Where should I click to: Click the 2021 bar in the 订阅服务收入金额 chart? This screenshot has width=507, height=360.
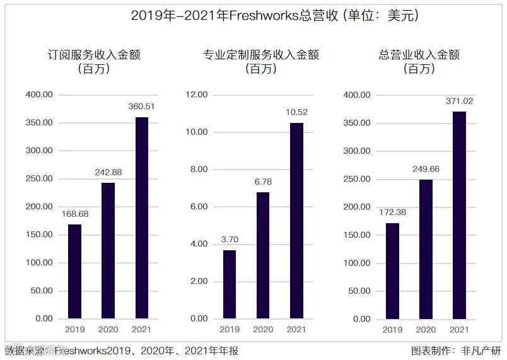click(x=142, y=218)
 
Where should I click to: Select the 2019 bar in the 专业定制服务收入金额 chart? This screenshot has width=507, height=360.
click(x=230, y=284)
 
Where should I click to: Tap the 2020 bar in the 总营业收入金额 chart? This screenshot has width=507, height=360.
click(x=426, y=249)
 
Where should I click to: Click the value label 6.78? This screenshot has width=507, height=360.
click(x=263, y=182)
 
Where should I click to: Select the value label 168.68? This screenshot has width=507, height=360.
click(x=74, y=214)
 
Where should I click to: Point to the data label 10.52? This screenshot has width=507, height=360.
click(x=296, y=112)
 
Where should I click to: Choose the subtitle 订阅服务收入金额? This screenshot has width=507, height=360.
click(x=94, y=55)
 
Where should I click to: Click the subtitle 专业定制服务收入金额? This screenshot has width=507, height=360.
click(x=261, y=55)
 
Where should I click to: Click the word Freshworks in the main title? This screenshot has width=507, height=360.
click(x=265, y=16)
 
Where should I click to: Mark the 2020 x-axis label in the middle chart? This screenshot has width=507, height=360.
click(x=263, y=329)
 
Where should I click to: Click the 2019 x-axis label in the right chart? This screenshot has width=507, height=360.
click(x=392, y=329)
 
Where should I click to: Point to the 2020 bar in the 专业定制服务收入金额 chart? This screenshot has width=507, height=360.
click(x=263, y=255)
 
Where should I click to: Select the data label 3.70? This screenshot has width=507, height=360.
click(x=230, y=240)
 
